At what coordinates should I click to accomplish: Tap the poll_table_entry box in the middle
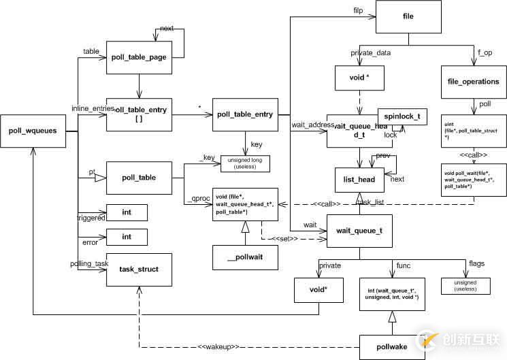pos(246,114)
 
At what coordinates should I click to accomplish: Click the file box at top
pos(408,15)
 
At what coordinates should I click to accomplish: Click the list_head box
pos(355,179)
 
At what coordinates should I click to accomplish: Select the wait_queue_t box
pos(359,230)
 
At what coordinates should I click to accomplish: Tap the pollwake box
pos(391,346)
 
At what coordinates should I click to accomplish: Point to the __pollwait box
pos(245,257)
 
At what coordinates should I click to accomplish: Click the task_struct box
pos(138,269)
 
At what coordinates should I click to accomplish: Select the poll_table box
pos(138,178)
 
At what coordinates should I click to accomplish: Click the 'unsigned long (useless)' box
pos(244,163)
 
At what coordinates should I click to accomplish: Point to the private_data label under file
pos(370,52)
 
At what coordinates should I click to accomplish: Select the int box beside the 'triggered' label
pos(127,212)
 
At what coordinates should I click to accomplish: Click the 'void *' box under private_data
pos(359,78)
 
